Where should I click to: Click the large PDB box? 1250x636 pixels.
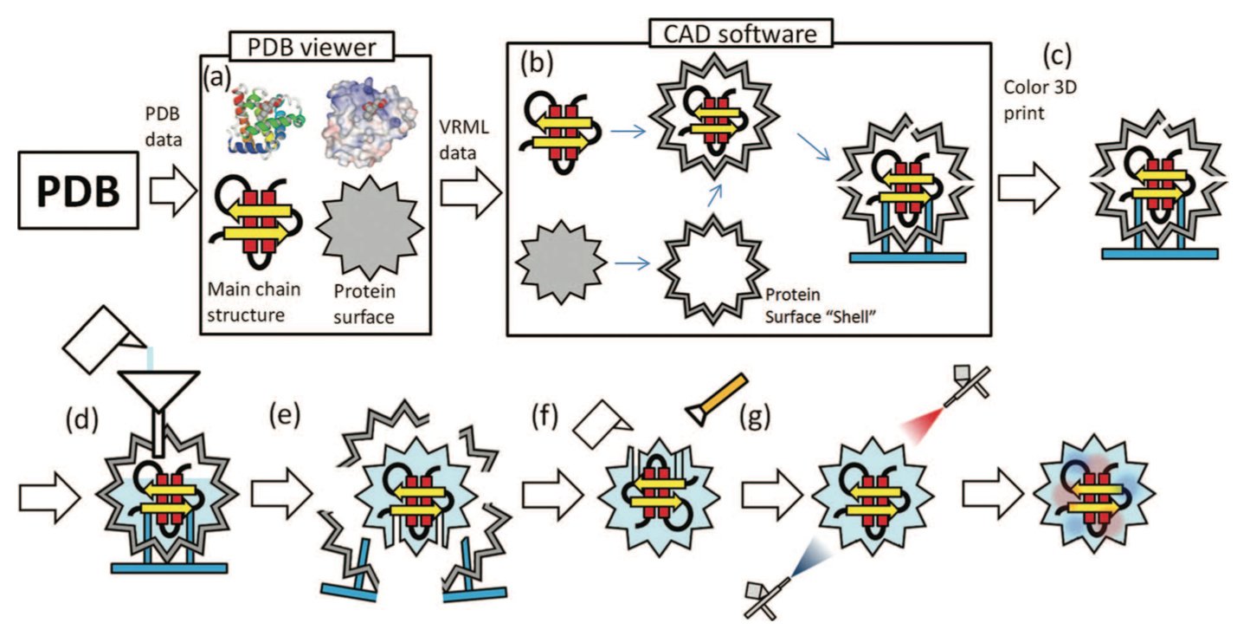tap(78, 191)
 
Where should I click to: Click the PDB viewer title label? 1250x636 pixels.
tap(312, 46)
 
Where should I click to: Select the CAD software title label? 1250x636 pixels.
tap(740, 34)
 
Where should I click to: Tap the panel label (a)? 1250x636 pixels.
tap(217, 77)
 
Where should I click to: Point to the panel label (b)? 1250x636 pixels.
tap(537, 62)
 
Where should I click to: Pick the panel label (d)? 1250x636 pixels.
tap(82, 419)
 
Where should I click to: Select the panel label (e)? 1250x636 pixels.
tap(285, 415)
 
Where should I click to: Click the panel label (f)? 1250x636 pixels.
tap(544, 417)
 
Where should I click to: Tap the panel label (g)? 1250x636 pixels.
tap(755, 417)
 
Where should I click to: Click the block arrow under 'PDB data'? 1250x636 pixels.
tap(173, 191)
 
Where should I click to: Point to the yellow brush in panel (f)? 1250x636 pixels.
tap(717, 400)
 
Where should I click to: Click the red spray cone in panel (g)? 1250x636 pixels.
tap(923, 425)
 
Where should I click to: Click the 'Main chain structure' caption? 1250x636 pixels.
tap(254, 302)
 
